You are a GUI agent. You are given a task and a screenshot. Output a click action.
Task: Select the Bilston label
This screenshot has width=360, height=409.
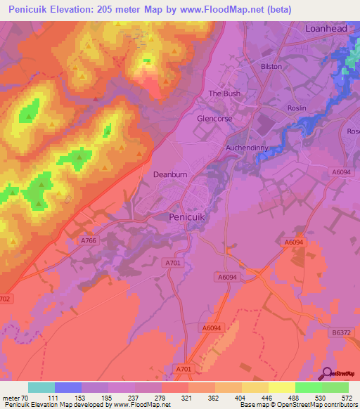(x=271, y=67)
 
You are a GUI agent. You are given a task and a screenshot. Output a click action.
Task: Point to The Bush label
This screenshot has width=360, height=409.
(x=224, y=93)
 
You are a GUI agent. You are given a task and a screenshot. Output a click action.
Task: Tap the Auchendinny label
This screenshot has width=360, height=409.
(x=247, y=148)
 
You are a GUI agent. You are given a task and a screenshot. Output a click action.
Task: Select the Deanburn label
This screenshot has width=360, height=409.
(x=169, y=173)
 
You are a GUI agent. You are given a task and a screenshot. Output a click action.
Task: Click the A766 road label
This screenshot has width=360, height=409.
(x=89, y=240)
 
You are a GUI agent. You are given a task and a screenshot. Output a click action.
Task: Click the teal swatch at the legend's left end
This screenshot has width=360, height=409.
(x=41, y=387)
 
